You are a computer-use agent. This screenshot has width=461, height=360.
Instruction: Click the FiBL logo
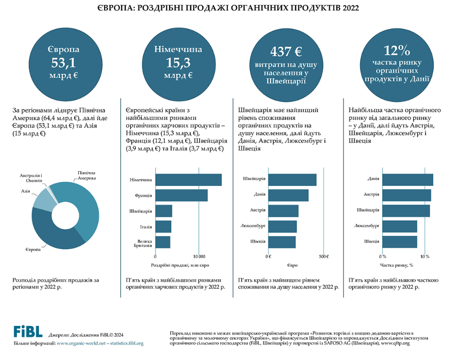[x=28, y=332]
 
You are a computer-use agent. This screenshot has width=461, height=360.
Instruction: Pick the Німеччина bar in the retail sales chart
[x=188, y=180]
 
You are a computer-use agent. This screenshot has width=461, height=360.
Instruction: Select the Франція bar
[x=181, y=195]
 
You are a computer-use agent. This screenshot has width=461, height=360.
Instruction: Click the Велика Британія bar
[x=163, y=242]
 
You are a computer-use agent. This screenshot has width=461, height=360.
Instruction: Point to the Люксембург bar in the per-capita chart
[x=283, y=226]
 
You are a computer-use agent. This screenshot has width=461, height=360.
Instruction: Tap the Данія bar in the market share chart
[x=407, y=180]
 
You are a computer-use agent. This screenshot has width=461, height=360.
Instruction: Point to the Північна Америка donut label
[x=86, y=175]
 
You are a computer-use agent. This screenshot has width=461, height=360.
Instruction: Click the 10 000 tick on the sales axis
[x=199, y=257]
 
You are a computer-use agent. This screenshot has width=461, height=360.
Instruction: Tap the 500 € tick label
[x=323, y=257]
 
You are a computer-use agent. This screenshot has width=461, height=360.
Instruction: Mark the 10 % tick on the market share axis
[x=425, y=257]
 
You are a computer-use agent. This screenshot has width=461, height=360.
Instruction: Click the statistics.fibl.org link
[x=127, y=343]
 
